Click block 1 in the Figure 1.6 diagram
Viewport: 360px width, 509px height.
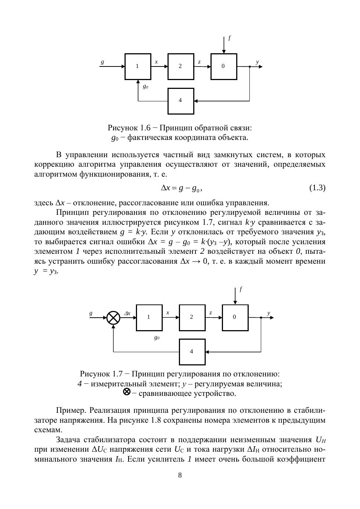(x=138, y=66)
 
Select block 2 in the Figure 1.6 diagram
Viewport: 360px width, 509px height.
(x=181, y=66)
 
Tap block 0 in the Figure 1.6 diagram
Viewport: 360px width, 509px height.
(x=224, y=66)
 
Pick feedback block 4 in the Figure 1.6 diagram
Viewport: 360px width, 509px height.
(x=181, y=101)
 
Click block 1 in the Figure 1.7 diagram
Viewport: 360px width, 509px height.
(x=149, y=317)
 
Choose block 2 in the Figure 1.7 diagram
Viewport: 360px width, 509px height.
(x=192, y=317)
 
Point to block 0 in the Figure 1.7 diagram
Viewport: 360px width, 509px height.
(x=235, y=317)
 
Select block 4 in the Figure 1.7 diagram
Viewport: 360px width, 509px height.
(x=192, y=352)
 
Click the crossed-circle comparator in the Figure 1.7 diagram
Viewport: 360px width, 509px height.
(x=114, y=318)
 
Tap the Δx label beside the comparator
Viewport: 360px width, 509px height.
(x=127, y=313)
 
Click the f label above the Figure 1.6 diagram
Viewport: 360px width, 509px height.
(x=229, y=38)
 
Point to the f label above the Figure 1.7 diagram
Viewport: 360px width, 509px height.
(x=241, y=289)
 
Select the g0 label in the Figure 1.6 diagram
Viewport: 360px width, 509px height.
(x=145, y=87)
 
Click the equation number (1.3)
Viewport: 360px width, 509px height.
(x=317, y=188)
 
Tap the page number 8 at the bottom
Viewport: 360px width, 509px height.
(x=180, y=475)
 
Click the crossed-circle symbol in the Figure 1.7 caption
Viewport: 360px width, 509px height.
(x=127, y=392)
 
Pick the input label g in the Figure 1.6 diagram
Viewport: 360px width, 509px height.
(x=102, y=62)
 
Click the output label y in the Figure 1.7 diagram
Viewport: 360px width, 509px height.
(x=269, y=313)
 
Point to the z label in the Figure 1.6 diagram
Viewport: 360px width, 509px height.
(x=199, y=62)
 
